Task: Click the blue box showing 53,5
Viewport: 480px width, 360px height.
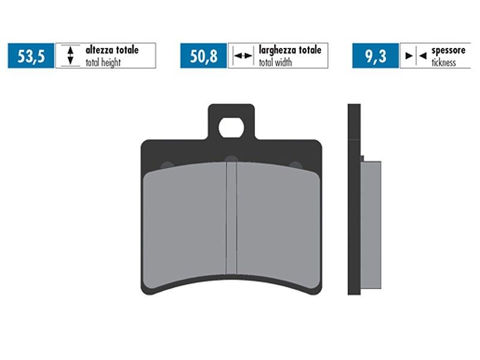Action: pos(31,56)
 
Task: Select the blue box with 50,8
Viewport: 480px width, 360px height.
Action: pos(203,56)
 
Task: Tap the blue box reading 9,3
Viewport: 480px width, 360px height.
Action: pos(376,56)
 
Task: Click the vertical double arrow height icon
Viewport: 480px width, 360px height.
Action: pos(70,55)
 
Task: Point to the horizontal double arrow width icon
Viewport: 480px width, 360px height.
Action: pos(243,56)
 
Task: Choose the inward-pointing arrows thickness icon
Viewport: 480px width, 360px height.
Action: pos(416,56)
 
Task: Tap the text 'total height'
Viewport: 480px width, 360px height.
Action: pos(103,63)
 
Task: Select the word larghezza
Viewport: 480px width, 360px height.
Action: pos(278,50)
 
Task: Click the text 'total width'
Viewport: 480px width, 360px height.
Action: pos(275,62)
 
